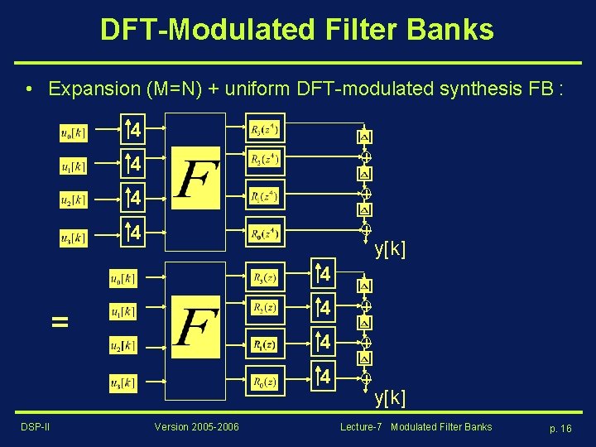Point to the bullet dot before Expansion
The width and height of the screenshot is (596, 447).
[29, 89]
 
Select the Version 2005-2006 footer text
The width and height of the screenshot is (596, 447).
[196, 427]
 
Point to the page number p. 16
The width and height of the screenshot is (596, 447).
[560, 428]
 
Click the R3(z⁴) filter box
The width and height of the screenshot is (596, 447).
[265, 129]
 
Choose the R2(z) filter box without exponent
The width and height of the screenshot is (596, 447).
[265, 308]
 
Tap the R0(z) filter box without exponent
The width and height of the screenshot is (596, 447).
[265, 381]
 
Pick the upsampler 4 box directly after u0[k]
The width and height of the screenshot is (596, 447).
[133, 130]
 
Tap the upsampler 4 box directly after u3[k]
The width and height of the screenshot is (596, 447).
[133, 233]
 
